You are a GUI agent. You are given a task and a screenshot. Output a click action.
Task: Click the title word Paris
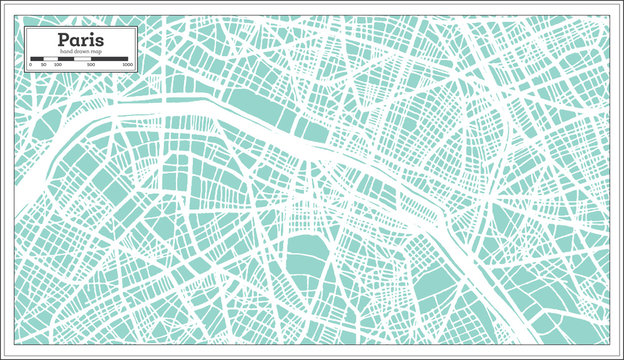80,40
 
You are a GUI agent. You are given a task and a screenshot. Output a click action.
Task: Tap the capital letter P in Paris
64,40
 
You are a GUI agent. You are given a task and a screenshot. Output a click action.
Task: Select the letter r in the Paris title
86,41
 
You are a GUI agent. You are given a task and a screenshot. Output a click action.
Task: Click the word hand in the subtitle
66,51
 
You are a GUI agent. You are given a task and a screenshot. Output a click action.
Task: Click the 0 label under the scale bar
31,64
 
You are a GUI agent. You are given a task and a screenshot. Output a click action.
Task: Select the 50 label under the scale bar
43,64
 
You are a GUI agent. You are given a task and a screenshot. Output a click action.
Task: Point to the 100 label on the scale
56,64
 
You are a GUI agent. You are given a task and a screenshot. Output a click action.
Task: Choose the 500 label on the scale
91,64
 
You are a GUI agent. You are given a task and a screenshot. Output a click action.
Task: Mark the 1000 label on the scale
127,64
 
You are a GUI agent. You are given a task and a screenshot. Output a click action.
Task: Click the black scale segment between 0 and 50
36,58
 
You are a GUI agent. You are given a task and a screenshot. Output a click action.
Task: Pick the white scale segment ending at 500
82,58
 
